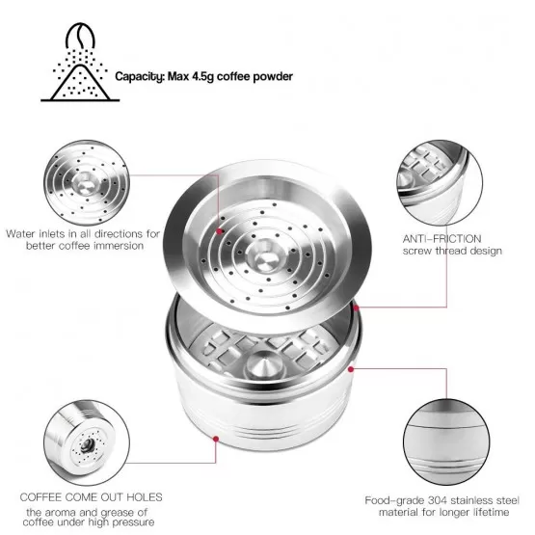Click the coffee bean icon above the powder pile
80,35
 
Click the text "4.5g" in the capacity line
202,76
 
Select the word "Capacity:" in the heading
140,76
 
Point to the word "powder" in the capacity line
273,76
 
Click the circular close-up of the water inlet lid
87,182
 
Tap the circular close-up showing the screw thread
440,182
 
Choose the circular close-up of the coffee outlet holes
87,442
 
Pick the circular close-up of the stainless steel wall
446,442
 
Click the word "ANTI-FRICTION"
441,238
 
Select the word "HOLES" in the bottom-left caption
145,497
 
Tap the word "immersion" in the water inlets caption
119,246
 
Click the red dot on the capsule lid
220,231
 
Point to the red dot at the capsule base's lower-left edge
216,439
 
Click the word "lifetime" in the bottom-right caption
491,512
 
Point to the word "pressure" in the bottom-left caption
133,522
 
